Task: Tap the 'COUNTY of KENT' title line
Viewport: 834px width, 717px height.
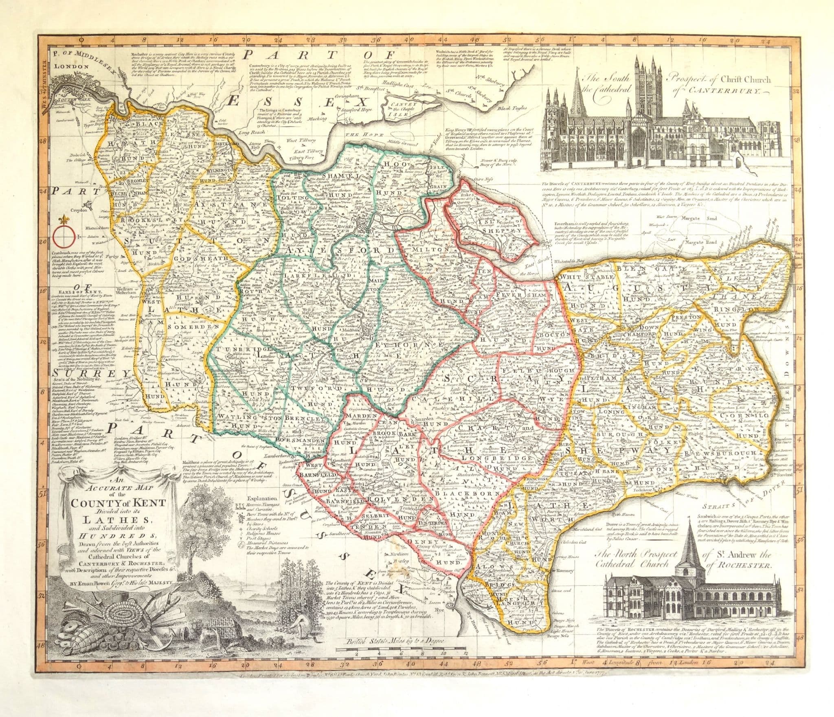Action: [119, 503]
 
